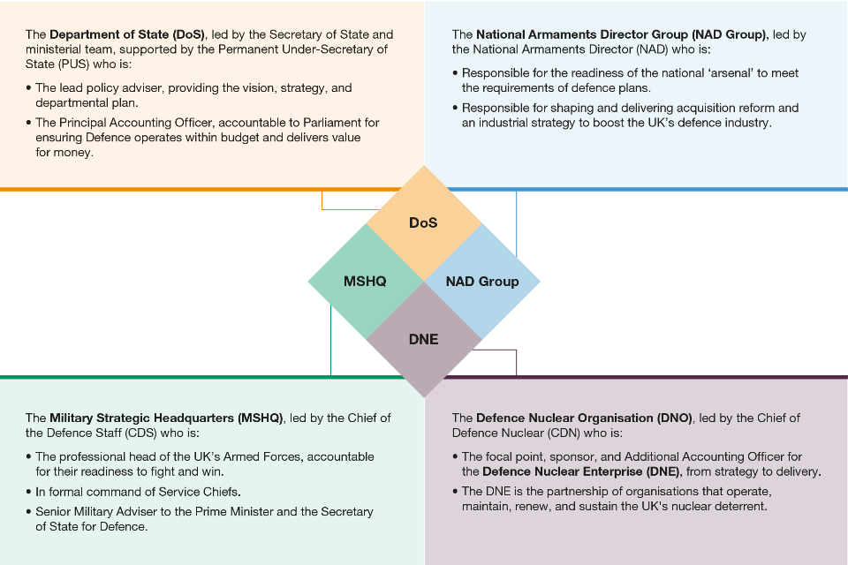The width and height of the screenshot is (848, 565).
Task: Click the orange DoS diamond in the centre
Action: [x=424, y=222]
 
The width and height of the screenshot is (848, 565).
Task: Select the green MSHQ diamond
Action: [x=365, y=282]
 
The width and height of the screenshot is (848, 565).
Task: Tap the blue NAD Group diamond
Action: [x=482, y=282]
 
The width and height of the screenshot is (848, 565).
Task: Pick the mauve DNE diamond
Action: [x=424, y=339]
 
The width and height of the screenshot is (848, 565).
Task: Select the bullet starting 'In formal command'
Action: [x=138, y=491]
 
